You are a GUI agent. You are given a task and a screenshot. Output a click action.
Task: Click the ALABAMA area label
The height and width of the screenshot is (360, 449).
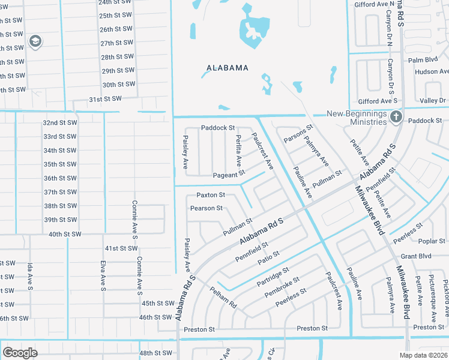[227, 68]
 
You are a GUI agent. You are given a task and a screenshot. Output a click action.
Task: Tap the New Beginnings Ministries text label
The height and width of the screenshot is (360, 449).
[357, 118]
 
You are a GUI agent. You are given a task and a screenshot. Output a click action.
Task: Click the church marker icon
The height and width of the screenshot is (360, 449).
[396, 116]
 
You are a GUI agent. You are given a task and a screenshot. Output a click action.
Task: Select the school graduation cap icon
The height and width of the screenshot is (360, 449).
[35, 41]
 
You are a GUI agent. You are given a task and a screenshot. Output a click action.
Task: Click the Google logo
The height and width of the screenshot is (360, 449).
[20, 353]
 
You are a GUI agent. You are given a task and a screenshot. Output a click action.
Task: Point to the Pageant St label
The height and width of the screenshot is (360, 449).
[229, 175]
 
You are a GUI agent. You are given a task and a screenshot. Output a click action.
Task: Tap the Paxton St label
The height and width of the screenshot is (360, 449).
[211, 195]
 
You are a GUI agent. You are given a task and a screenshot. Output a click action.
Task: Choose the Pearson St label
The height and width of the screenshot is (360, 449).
[206, 208]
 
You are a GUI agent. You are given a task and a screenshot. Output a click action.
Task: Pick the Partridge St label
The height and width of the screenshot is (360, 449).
[273, 276]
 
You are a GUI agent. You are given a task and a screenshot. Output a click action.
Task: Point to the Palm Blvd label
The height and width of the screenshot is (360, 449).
[423, 60]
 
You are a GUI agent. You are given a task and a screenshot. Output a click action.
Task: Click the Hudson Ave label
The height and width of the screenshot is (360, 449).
[431, 71]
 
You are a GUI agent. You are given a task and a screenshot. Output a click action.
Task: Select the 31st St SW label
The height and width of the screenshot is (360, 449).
[105, 99]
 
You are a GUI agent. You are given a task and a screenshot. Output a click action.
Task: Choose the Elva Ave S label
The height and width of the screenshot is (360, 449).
[103, 275]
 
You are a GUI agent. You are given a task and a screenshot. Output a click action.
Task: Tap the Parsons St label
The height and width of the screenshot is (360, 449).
[298, 134]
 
